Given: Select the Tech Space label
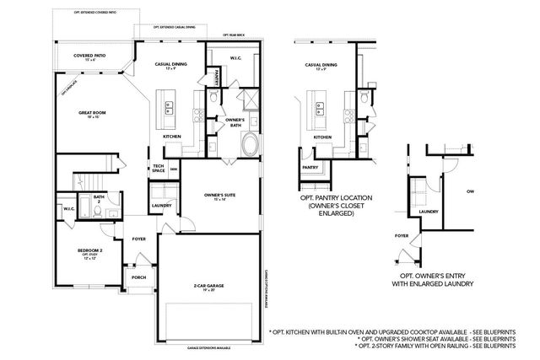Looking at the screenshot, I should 158,169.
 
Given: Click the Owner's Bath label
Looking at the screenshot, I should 235,122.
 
